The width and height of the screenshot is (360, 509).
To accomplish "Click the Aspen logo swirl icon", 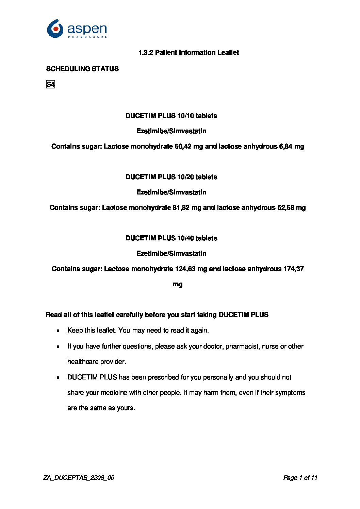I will click(x=55, y=29).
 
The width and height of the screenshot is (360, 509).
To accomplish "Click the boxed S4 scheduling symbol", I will click(x=50, y=84).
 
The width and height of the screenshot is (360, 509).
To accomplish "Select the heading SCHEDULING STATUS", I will click(x=82, y=69).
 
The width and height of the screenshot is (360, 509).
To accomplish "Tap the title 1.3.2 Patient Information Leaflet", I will click(x=189, y=52).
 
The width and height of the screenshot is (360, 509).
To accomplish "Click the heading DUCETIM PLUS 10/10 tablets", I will click(x=171, y=116).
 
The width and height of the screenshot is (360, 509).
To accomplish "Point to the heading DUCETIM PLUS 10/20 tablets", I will click(x=171, y=177).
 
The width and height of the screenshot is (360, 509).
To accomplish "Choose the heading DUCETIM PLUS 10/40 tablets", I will click(x=171, y=238).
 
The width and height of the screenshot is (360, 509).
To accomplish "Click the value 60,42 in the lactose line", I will click(x=183, y=147).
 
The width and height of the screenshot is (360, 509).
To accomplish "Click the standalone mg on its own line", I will click(x=178, y=284).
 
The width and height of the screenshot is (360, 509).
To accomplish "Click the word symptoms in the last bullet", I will click(x=290, y=393).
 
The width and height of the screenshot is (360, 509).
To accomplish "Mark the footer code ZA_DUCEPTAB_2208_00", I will click(x=79, y=478).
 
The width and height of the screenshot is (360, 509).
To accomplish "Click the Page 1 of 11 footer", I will click(x=300, y=478).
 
